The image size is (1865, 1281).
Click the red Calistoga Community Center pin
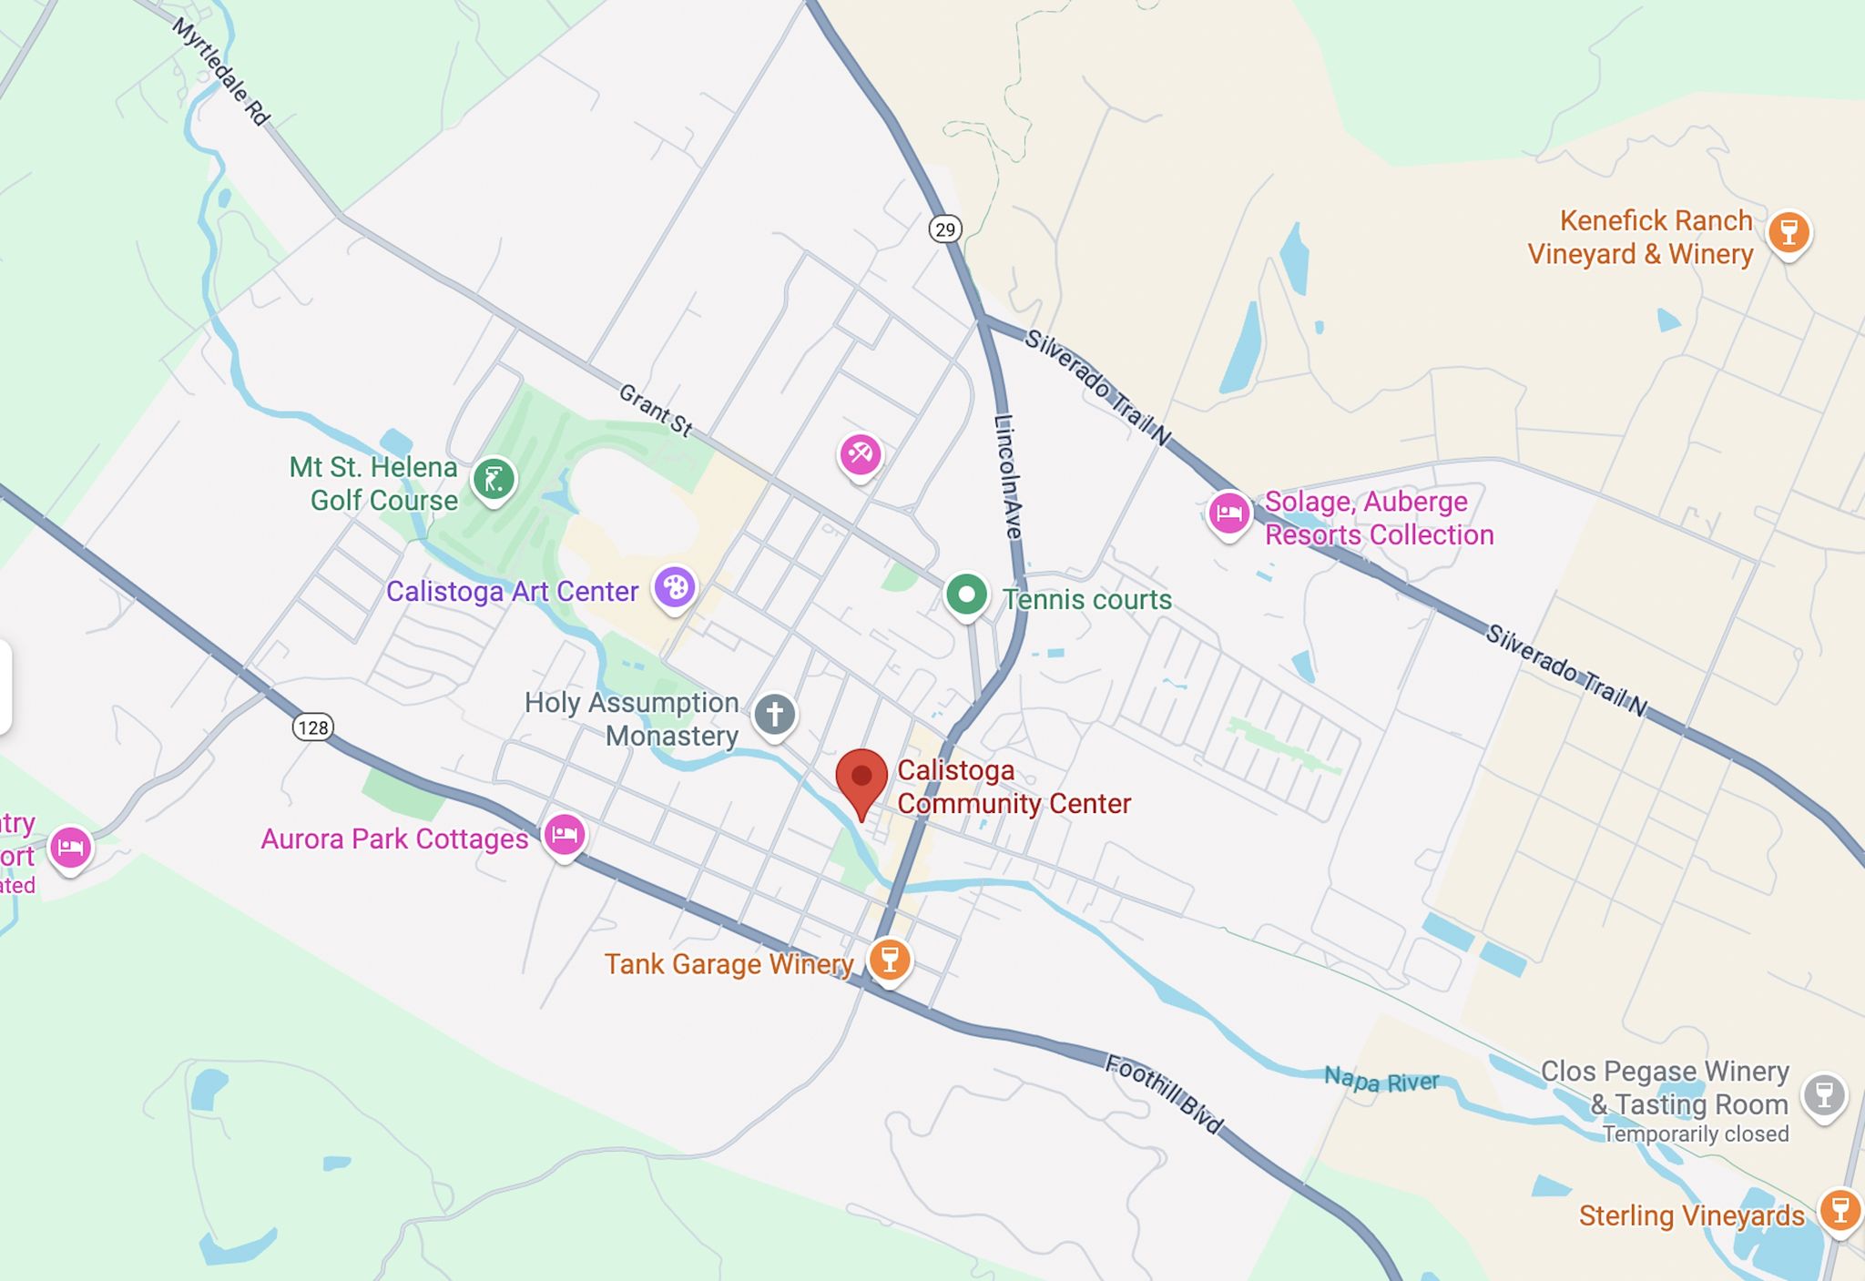[x=861, y=778]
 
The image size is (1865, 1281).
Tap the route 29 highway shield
[x=945, y=229]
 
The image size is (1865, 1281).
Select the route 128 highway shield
[x=312, y=727]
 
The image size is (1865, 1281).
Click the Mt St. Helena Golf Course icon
[x=494, y=478]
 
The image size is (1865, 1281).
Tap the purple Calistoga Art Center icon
[x=675, y=587]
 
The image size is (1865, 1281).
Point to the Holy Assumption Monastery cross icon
[x=774, y=714]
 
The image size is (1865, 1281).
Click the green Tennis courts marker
[x=966, y=595]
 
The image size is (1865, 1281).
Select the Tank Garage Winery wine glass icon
[x=890, y=959]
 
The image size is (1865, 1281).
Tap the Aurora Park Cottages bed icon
[x=565, y=834]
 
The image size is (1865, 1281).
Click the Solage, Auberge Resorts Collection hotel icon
[x=1228, y=513]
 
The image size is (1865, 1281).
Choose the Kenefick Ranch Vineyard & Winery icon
[x=1789, y=232]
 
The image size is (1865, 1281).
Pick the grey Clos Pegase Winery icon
[x=1824, y=1094]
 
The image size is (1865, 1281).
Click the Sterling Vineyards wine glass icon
[x=1840, y=1210]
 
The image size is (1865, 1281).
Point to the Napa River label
[x=1381, y=1081]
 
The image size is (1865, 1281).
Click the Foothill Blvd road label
[x=1165, y=1093]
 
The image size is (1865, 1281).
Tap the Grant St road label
[x=656, y=410]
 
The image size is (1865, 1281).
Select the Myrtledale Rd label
[x=221, y=72]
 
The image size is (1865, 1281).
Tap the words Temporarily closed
[x=1696, y=1134]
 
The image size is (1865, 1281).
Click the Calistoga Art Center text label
[x=512, y=591]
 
